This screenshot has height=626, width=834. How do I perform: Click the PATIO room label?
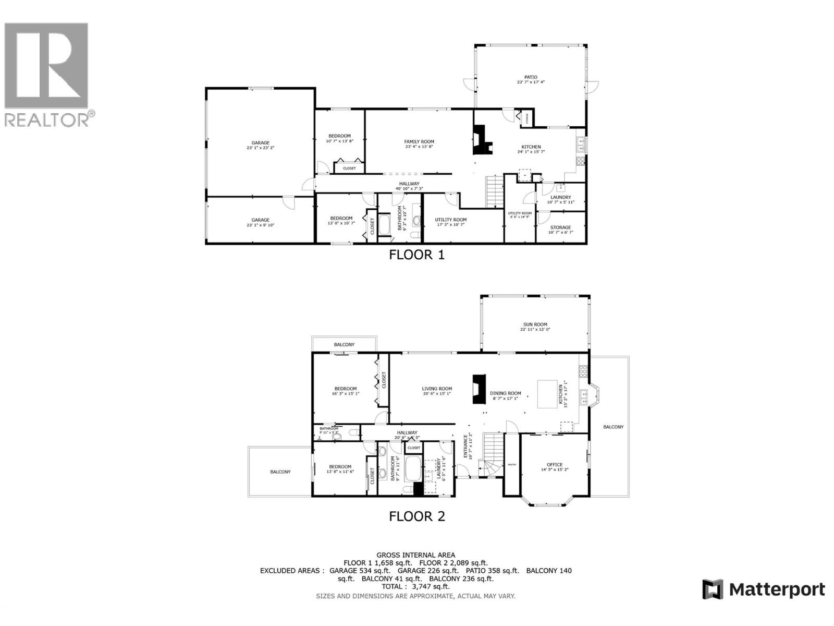coord(531,77)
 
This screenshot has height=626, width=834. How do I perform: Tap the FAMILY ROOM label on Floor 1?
coord(419,142)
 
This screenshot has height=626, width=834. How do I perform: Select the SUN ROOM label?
coord(535,324)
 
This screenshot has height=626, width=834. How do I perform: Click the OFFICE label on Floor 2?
coord(555,464)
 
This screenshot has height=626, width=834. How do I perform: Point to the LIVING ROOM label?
coord(437,389)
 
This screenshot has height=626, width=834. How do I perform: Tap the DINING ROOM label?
coord(505,393)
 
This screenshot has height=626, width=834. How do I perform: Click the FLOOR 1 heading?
coord(417,255)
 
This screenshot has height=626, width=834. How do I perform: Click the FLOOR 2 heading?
coord(417,516)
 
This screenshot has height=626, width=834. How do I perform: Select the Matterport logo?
coord(763,589)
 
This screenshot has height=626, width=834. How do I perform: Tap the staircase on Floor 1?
coord(495,191)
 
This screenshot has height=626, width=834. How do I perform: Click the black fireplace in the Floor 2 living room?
coord(478,389)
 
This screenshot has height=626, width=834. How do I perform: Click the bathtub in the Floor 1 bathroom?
coord(385,225)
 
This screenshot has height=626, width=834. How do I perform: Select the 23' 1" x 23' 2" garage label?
coord(261,145)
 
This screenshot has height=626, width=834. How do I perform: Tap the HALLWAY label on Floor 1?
coord(409,184)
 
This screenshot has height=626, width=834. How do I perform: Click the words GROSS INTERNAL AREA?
coord(415,555)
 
